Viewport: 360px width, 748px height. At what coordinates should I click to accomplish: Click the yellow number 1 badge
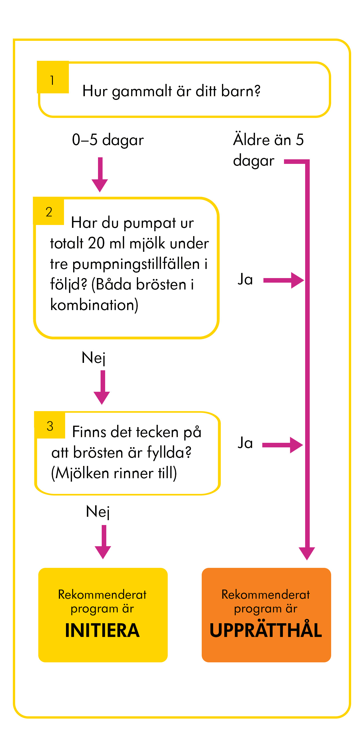coord(53,77)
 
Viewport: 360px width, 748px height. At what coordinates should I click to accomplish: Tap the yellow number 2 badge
coord(49,211)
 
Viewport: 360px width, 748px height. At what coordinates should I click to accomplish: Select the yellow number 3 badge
coord(50,425)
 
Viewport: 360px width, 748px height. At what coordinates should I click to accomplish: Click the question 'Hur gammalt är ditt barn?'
coord(171,91)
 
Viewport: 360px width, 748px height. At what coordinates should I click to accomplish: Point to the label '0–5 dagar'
coord(108,140)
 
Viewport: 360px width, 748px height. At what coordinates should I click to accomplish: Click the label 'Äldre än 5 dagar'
coord(268,150)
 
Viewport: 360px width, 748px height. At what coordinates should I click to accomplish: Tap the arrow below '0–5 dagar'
coord(100,174)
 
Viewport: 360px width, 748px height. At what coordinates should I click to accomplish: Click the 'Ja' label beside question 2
coord(245,279)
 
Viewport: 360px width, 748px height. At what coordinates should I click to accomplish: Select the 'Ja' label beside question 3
coord(245,443)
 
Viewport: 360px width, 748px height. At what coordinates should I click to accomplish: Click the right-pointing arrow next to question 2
coord(284,280)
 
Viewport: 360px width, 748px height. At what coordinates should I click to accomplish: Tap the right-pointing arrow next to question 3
coord(282,445)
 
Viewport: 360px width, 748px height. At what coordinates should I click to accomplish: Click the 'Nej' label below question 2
coord(93,358)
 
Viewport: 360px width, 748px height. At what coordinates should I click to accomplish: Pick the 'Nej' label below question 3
coord(98,512)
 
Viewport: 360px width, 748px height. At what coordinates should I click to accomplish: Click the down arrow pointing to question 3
coord(102,387)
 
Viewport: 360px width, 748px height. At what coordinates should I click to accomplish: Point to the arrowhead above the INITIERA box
coord(103,552)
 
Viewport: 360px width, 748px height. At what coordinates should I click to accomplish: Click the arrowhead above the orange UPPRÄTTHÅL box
coord(307,554)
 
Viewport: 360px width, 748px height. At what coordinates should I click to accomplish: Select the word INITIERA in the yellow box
coord(102,630)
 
